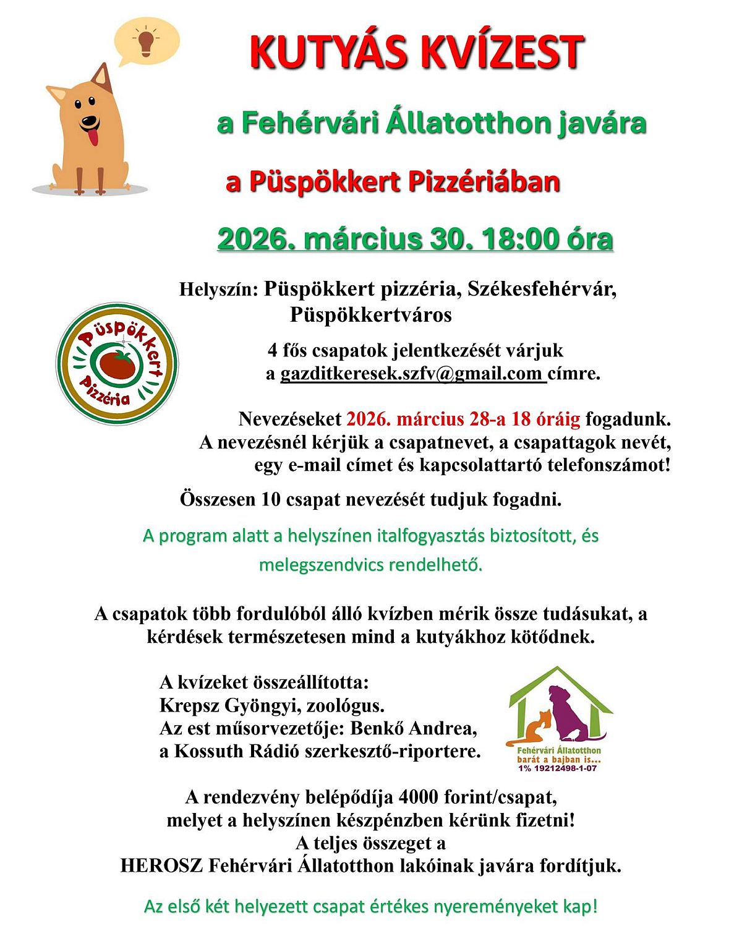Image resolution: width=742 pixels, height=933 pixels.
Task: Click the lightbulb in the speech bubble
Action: (146, 41)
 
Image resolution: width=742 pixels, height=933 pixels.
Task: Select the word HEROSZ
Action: (161, 865)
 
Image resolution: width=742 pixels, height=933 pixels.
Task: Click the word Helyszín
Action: (217, 290)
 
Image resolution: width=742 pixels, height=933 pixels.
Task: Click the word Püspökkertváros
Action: (371, 315)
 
